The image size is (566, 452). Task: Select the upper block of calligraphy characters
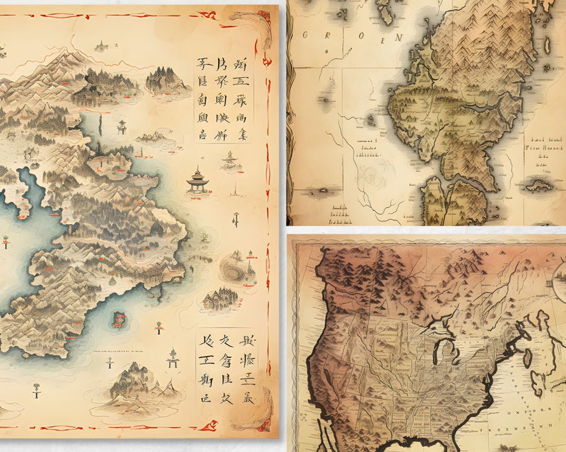point(224,99)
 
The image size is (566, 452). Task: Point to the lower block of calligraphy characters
point(225,367)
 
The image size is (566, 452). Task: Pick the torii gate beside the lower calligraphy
point(172,357)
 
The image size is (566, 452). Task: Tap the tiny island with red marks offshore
point(118,320)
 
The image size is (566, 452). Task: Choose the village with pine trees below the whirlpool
point(219,300)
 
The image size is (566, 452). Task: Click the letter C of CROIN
point(306,36)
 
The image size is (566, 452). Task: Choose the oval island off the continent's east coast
point(528,356)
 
